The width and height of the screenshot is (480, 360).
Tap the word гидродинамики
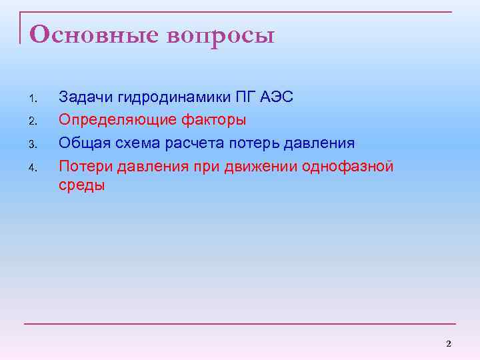(x=174, y=98)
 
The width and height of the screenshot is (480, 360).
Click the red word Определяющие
(x=113, y=121)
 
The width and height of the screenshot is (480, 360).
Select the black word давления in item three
(x=321, y=143)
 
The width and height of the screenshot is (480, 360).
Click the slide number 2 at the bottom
(x=448, y=343)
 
